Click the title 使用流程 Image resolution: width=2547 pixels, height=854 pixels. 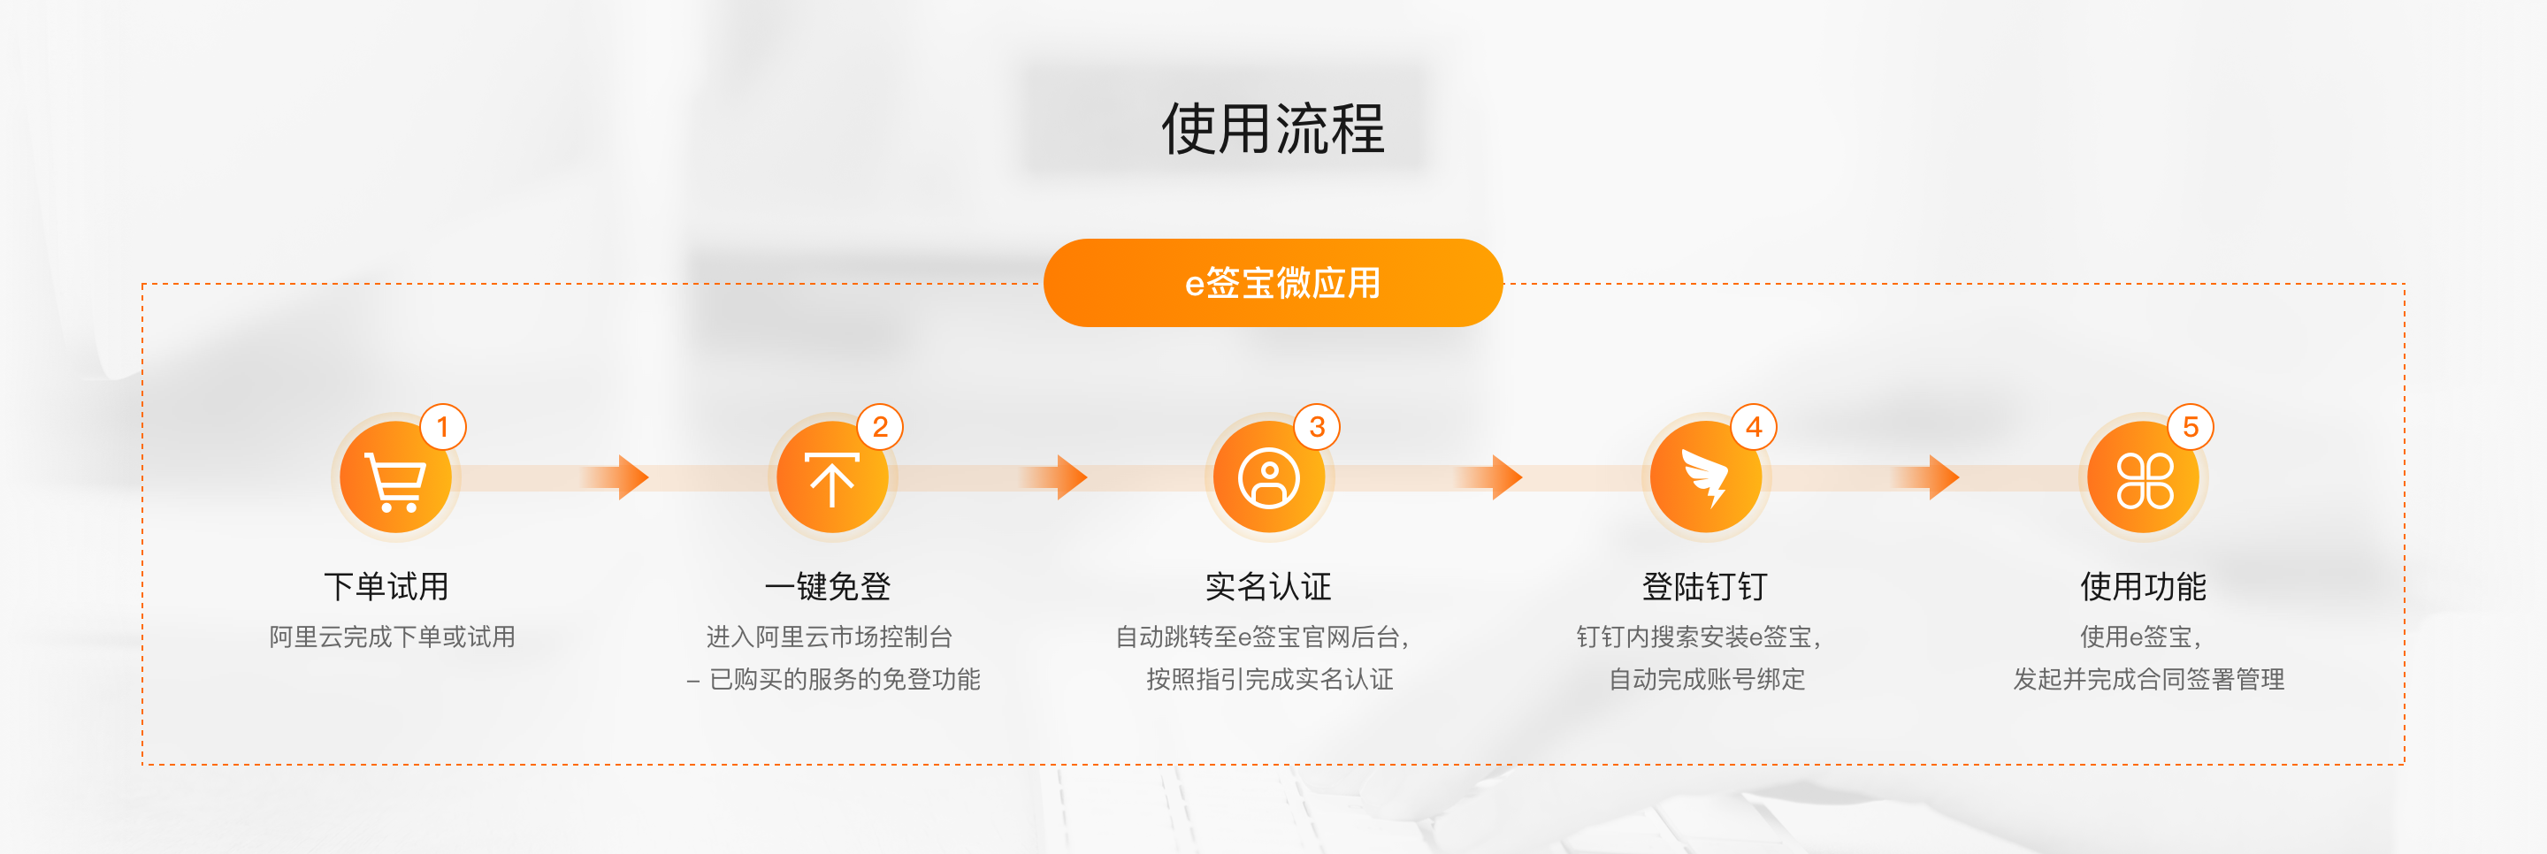click(x=1273, y=128)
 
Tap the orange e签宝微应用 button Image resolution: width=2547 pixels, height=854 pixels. click(x=1273, y=283)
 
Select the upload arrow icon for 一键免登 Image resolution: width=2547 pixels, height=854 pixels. click(x=831, y=478)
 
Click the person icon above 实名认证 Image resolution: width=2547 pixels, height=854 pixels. click(x=1268, y=478)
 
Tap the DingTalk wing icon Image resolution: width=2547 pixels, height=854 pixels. click(x=1706, y=478)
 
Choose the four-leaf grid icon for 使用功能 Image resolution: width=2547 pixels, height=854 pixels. click(x=2144, y=479)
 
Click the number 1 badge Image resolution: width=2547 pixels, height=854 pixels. click(x=443, y=427)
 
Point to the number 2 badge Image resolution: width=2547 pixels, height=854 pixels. click(x=880, y=427)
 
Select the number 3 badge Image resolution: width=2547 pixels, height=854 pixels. click(x=1317, y=427)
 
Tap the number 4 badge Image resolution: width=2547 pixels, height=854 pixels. click(x=1754, y=427)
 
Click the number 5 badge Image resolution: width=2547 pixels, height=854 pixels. click(x=2191, y=427)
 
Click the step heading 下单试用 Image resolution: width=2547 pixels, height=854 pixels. click(x=386, y=586)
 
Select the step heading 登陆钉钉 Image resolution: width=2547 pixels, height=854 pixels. click(x=1704, y=586)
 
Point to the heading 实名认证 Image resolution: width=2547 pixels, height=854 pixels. click(x=1267, y=586)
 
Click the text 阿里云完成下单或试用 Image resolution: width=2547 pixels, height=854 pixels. click(x=393, y=637)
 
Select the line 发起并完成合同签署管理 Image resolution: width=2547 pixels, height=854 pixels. click(x=2148, y=679)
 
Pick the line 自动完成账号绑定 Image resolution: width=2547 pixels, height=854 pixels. click(x=1707, y=679)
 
